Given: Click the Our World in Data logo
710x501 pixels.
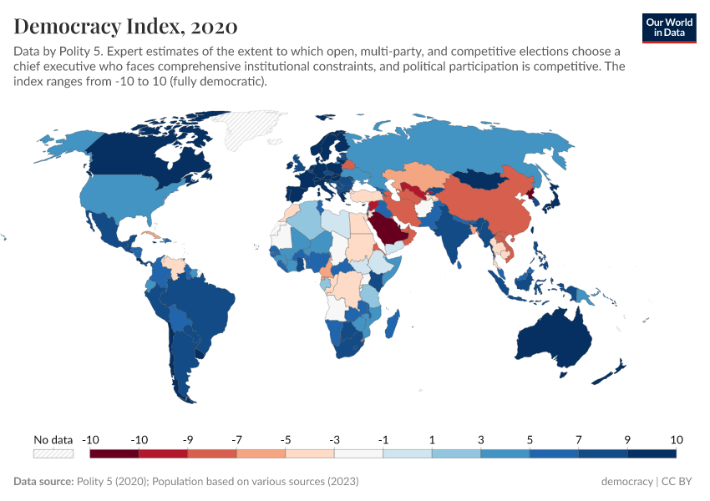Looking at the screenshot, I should point(670,27).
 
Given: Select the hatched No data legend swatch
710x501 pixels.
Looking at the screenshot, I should point(53,453).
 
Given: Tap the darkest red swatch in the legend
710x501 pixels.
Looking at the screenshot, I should point(114,453).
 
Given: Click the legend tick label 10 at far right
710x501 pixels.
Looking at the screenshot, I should point(676,439).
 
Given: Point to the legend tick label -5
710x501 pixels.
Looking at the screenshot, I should point(286,439).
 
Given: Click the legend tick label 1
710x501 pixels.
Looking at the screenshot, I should point(432,439).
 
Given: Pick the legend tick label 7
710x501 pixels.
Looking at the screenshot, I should point(578,439).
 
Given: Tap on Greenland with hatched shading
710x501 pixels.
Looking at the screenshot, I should point(242,129).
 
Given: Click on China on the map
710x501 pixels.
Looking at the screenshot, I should point(484,209).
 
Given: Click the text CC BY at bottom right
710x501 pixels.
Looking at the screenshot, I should point(678,482).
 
